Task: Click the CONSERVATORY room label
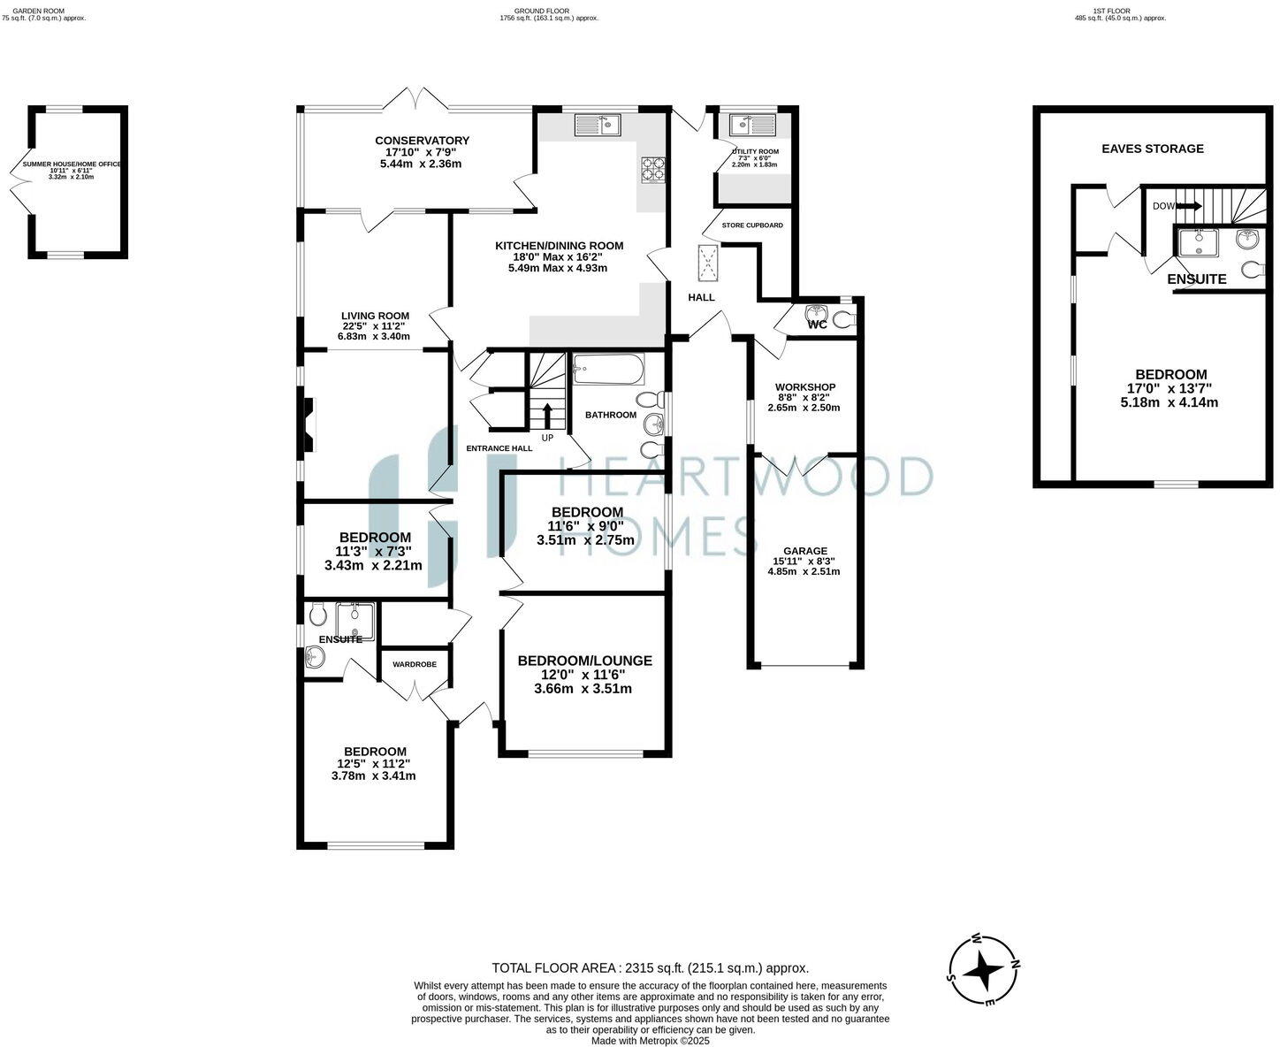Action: (422, 141)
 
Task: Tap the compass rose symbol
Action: (983, 971)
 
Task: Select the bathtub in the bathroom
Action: (608, 370)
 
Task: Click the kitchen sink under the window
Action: (598, 126)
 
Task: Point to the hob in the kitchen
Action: (653, 168)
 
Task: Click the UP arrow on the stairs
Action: (547, 415)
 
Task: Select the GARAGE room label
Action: (804, 550)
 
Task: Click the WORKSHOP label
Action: (804, 387)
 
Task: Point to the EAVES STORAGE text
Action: (1152, 149)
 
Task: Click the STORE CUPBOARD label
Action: (752, 225)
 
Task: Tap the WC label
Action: (817, 325)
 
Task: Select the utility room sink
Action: (752, 125)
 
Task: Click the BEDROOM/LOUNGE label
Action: (584, 661)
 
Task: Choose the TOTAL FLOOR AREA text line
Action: (650, 968)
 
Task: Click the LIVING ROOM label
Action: (376, 316)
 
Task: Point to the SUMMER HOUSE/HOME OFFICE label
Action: (72, 164)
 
